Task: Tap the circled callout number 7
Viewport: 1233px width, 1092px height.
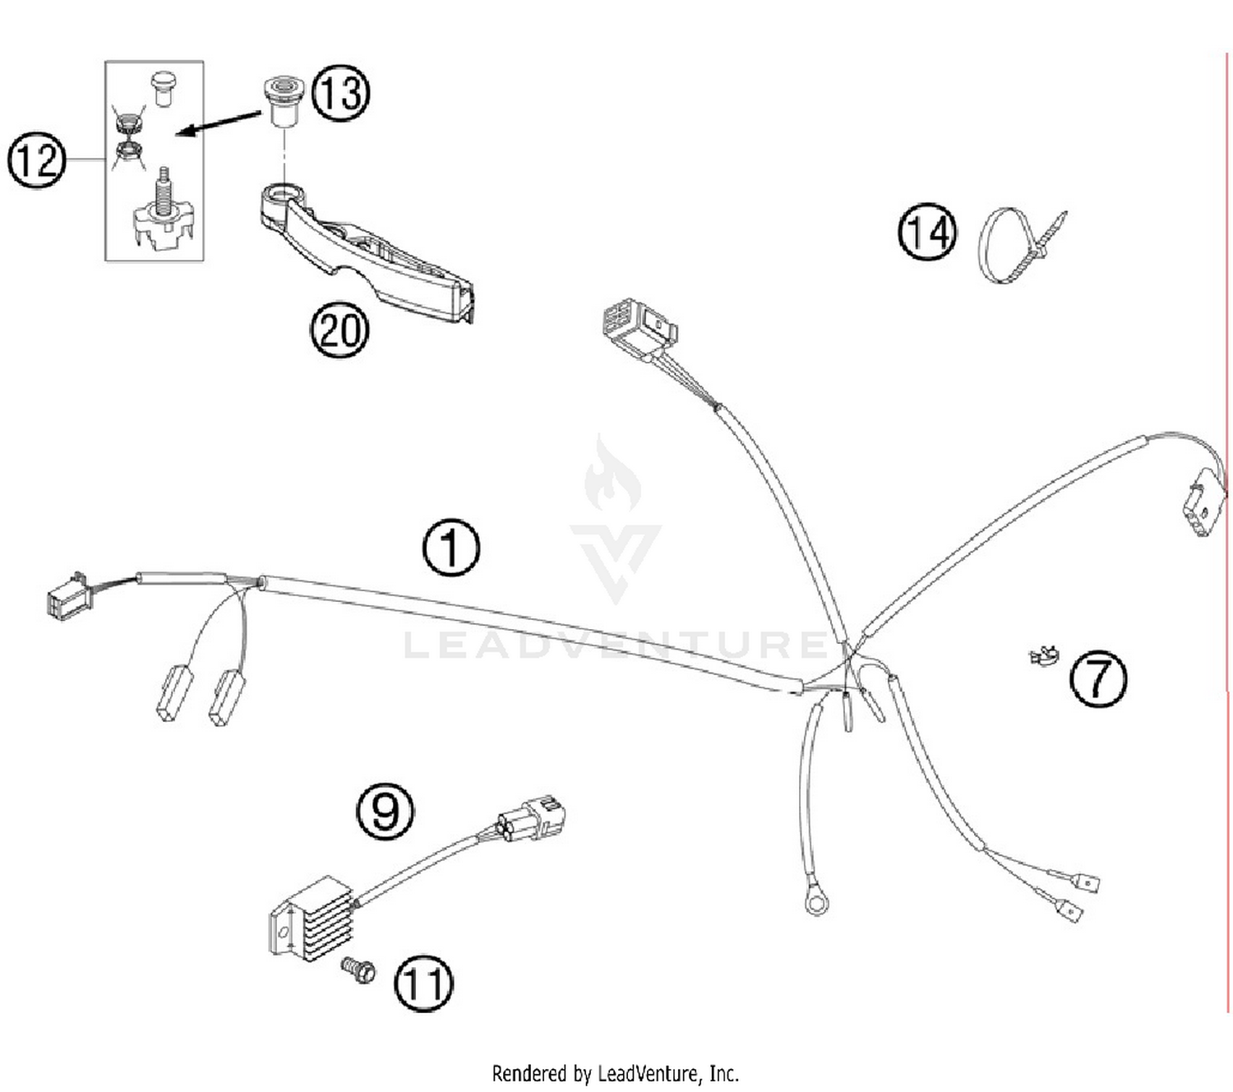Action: (x=1098, y=678)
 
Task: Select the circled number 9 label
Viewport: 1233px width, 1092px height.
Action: (x=385, y=811)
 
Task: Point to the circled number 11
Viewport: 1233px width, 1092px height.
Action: (x=423, y=983)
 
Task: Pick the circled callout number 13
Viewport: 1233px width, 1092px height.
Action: (x=340, y=92)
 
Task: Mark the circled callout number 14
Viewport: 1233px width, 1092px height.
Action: (x=927, y=233)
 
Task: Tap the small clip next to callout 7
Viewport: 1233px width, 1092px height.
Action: (x=1044, y=656)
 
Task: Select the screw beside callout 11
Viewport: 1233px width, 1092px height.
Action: (x=358, y=970)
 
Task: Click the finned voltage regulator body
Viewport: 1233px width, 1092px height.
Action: (x=312, y=918)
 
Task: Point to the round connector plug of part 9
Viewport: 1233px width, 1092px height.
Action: (x=533, y=817)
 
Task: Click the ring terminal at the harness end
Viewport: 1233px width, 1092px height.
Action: (x=816, y=904)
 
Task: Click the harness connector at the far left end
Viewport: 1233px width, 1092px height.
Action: (x=69, y=596)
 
